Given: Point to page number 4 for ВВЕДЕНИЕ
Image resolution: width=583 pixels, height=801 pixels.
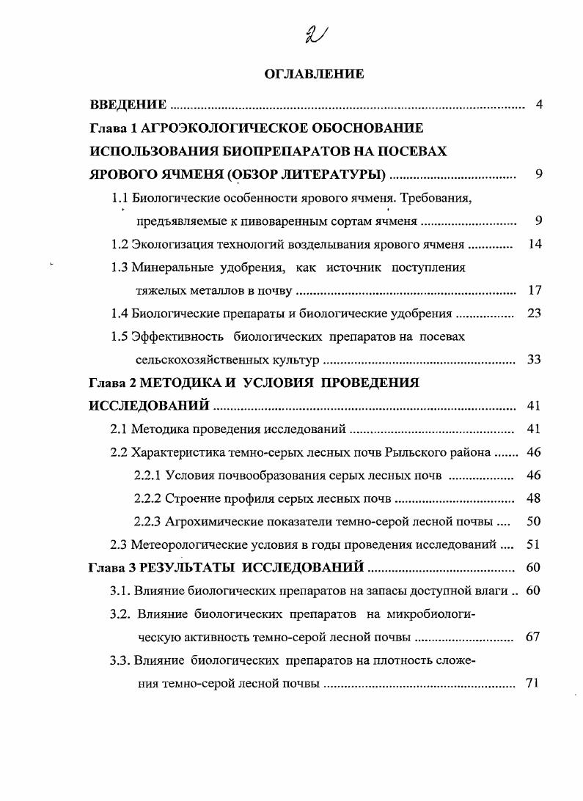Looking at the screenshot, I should click(539, 105).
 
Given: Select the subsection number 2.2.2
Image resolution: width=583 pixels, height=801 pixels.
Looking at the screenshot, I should click(148, 498).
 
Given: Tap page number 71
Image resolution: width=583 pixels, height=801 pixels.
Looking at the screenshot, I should click(532, 683).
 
